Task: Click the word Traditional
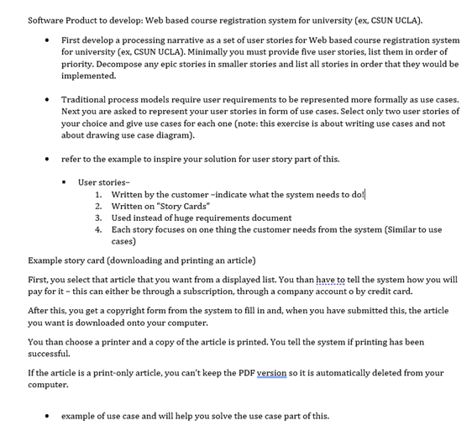[x=89, y=99]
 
